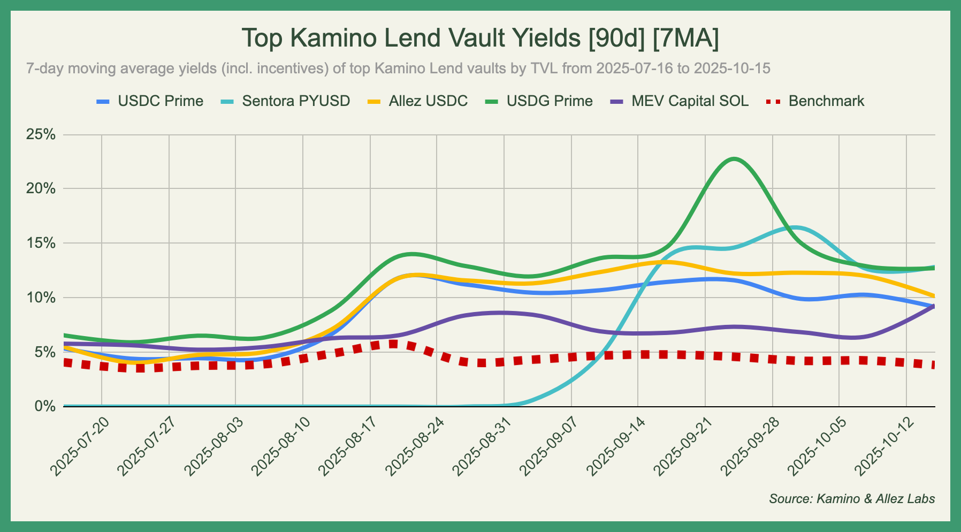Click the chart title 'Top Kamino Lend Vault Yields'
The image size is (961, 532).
pos(480,39)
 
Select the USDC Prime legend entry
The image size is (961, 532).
pos(161,101)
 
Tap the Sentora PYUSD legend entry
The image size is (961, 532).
pos(296,101)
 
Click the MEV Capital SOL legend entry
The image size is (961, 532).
pos(690,101)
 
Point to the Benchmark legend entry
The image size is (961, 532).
pos(826,101)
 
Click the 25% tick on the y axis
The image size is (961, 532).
pos(41,134)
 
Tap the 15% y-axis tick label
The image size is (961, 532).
pos(41,243)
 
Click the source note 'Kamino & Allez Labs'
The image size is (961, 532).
pos(852,499)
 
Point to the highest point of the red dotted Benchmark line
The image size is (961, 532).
pos(393,344)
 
